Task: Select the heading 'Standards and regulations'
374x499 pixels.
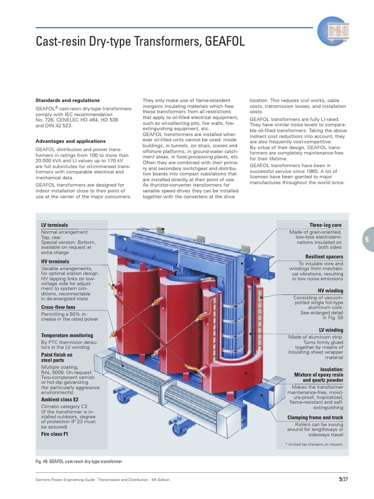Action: pos(68,100)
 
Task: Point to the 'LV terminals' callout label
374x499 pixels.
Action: pos(55,225)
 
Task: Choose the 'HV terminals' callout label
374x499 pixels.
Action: pos(56,262)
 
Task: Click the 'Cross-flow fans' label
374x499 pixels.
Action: pos(58,307)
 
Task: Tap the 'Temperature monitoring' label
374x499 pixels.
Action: pos(67,336)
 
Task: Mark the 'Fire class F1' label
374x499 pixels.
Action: pos(55,433)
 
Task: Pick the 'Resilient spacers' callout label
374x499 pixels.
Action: pos(324,257)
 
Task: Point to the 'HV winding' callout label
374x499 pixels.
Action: pos(330,291)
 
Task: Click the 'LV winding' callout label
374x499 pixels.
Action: pos(330,330)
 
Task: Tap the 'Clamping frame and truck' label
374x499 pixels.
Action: pos(315,418)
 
